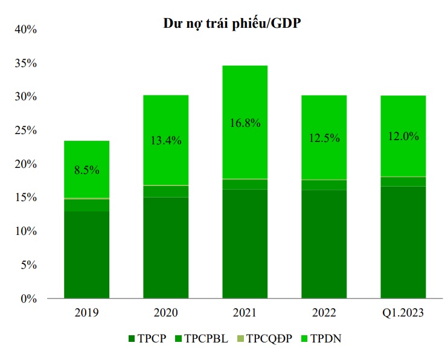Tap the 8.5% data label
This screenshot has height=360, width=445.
[86, 170]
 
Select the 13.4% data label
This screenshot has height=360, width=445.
[165, 140]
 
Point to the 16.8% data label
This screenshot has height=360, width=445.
[245, 123]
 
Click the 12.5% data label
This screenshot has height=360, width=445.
[324, 138]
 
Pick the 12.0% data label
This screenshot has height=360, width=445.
[403, 137]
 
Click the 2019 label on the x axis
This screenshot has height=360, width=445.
[86, 313]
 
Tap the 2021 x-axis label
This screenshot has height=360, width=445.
[245, 313]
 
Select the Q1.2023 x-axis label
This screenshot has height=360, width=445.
[403, 313]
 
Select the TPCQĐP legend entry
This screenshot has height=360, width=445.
[267, 338]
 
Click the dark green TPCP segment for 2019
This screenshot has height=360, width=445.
[86, 254]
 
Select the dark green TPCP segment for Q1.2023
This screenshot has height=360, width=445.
[403, 242]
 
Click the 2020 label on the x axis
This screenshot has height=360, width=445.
[165, 313]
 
